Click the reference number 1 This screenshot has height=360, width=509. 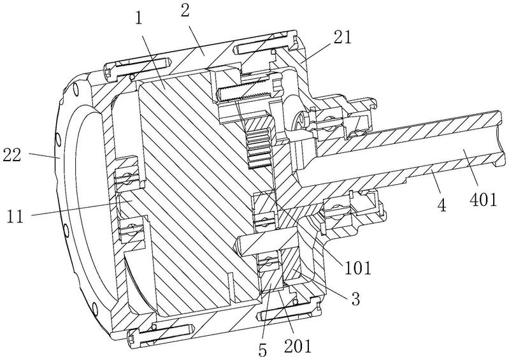139,18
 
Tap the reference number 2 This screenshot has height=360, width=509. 185,11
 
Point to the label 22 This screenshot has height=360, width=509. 12,155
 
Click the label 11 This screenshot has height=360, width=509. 15,216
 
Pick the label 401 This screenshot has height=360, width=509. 483,199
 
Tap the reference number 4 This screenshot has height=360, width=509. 442,205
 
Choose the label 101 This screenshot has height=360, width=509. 357,268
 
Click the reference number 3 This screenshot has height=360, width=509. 356,299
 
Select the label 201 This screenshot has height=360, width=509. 298,346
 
